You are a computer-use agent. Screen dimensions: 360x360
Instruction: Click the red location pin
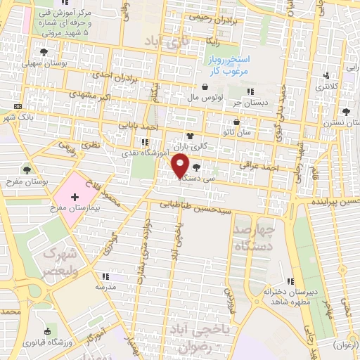181,166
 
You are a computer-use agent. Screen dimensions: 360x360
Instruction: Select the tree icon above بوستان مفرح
27,169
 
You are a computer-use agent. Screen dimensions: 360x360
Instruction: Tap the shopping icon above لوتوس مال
205,87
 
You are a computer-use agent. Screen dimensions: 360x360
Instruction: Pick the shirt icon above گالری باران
189,136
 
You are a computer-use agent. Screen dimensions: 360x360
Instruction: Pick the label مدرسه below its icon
104,288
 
